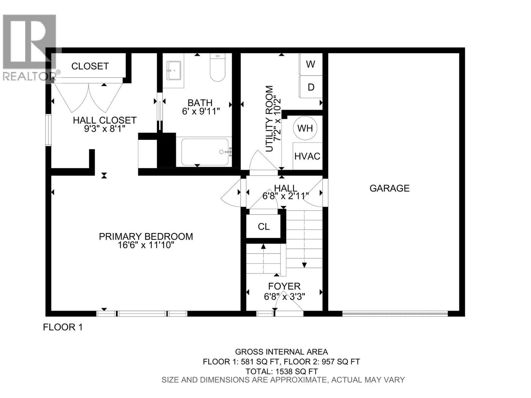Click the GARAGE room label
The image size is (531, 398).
[389, 188]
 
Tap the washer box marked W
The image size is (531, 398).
[311, 64]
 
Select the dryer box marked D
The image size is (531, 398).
[311, 87]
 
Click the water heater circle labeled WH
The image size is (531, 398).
[305, 128]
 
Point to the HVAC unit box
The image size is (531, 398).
[307, 156]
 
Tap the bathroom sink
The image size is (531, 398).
[174, 71]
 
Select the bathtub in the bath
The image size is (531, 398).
[205, 152]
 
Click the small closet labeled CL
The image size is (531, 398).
[264, 227]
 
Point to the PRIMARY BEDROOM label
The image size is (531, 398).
[146, 236]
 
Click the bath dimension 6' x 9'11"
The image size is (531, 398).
[201, 111]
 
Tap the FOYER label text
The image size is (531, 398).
[284, 286]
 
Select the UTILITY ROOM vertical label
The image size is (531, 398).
[269, 119]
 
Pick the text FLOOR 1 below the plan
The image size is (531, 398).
[63, 327]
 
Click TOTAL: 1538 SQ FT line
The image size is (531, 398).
[281, 371]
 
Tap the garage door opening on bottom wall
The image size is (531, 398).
[395, 313]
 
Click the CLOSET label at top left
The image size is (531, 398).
[90, 66]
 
